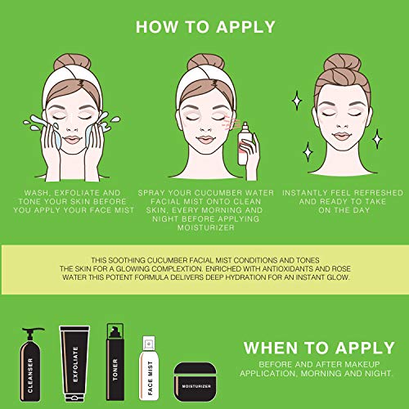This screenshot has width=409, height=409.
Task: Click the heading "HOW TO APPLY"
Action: (205, 27)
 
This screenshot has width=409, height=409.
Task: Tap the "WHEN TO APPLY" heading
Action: (319, 348)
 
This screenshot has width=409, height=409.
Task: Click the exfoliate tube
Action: (74, 364)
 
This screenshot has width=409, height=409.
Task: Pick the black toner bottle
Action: (115, 362)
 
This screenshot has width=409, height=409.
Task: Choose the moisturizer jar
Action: (196, 382)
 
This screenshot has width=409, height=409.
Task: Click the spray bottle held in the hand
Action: (245, 144)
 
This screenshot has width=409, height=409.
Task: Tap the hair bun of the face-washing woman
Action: (72, 62)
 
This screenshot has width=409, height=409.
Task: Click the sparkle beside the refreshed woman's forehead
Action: (297, 101)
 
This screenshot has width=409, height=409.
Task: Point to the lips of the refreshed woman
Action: (342, 136)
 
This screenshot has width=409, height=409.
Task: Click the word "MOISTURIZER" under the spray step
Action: (206, 227)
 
